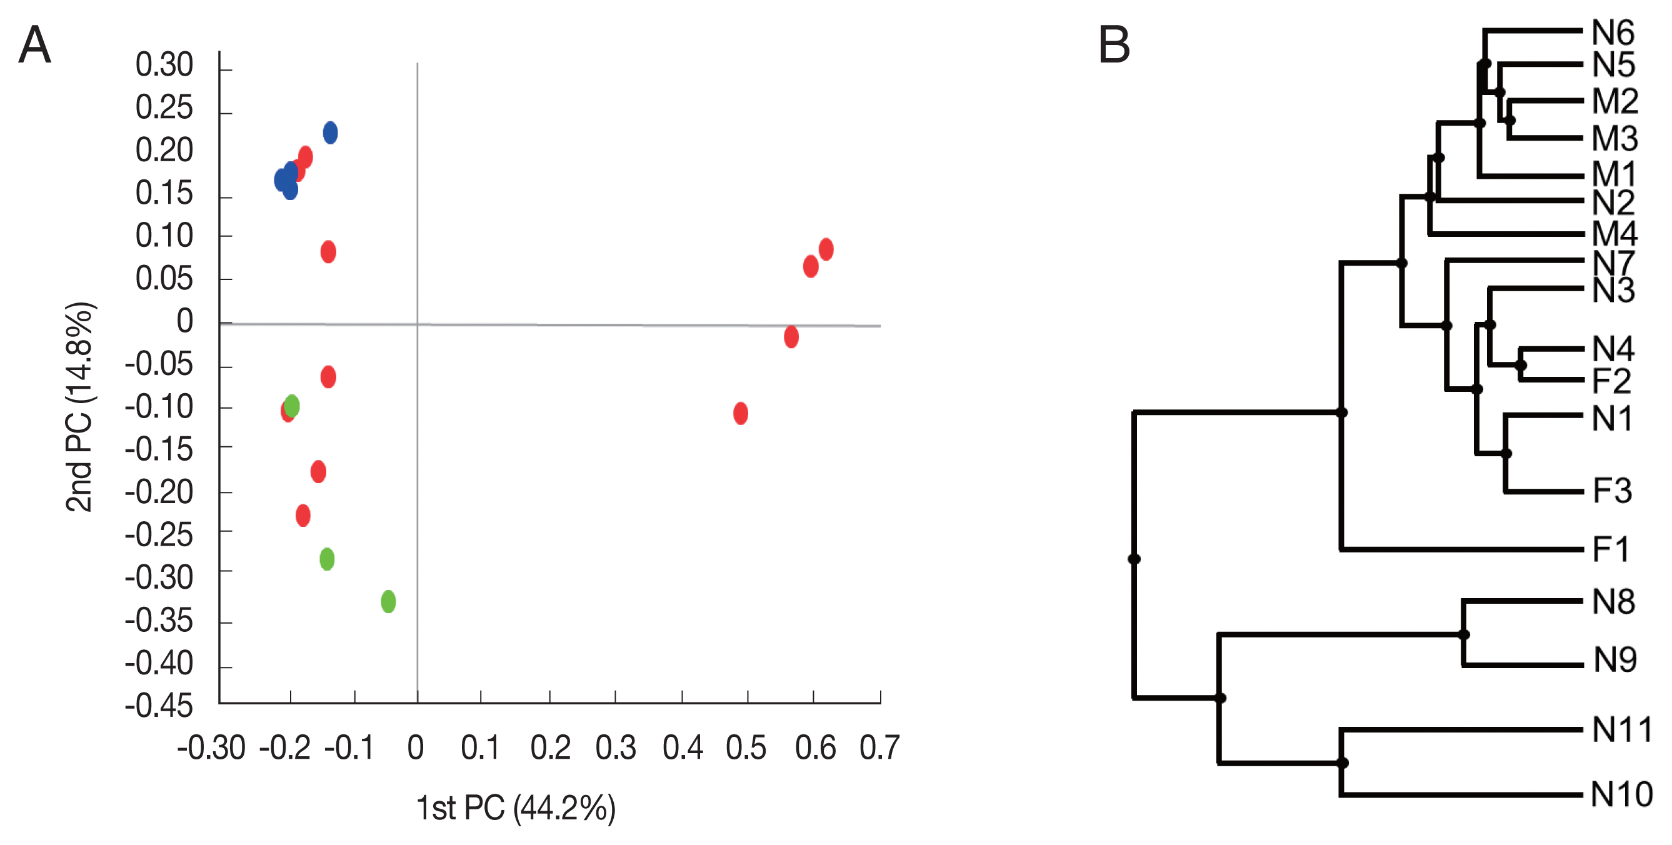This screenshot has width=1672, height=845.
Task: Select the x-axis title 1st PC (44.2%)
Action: [x=516, y=808]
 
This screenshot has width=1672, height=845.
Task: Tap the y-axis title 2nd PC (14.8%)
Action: [x=80, y=407]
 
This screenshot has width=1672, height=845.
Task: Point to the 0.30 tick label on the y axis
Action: [x=164, y=65]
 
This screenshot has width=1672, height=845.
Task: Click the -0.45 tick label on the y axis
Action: [x=159, y=706]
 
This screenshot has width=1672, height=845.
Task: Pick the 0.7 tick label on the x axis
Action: [x=879, y=747]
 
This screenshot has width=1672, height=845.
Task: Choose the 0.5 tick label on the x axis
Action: [x=746, y=747]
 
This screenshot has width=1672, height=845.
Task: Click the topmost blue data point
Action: [x=331, y=133]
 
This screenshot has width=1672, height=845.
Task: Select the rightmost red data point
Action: [x=826, y=249]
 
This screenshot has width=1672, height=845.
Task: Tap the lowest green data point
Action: [x=388, y=602]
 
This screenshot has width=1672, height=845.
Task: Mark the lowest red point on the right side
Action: [x=741, y=413]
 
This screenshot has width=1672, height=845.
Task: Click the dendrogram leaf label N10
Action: [x=1621, y=794]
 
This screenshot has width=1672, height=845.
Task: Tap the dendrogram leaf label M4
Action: [x=1615, y=234]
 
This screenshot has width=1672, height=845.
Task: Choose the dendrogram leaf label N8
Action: [x=1614, y=602]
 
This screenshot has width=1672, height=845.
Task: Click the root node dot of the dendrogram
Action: [x=1134, y=559]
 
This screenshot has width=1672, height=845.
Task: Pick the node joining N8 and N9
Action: [x=1464, y=634]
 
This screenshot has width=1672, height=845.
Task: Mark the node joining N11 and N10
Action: [x=1342, y=762]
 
